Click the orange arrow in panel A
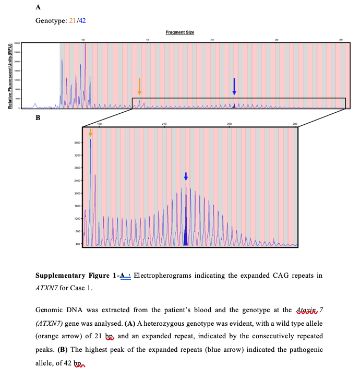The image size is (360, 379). coord(139,86)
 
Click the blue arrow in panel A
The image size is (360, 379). coord(234,86)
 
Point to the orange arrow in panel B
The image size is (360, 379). coord(91,133)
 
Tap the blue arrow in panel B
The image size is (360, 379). coord(186,176)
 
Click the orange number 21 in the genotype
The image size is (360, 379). coord(73,20)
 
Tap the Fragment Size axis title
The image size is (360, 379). coord(179,32)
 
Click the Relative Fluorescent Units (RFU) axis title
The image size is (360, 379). coord(9,75)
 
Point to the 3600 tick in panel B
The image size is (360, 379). coord(76,143)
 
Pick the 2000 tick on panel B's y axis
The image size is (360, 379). coord(76,193)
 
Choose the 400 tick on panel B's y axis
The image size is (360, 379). coord(77,244)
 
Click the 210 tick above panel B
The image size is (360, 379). coord(164,123)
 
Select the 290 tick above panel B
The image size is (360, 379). coord(295,123)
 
